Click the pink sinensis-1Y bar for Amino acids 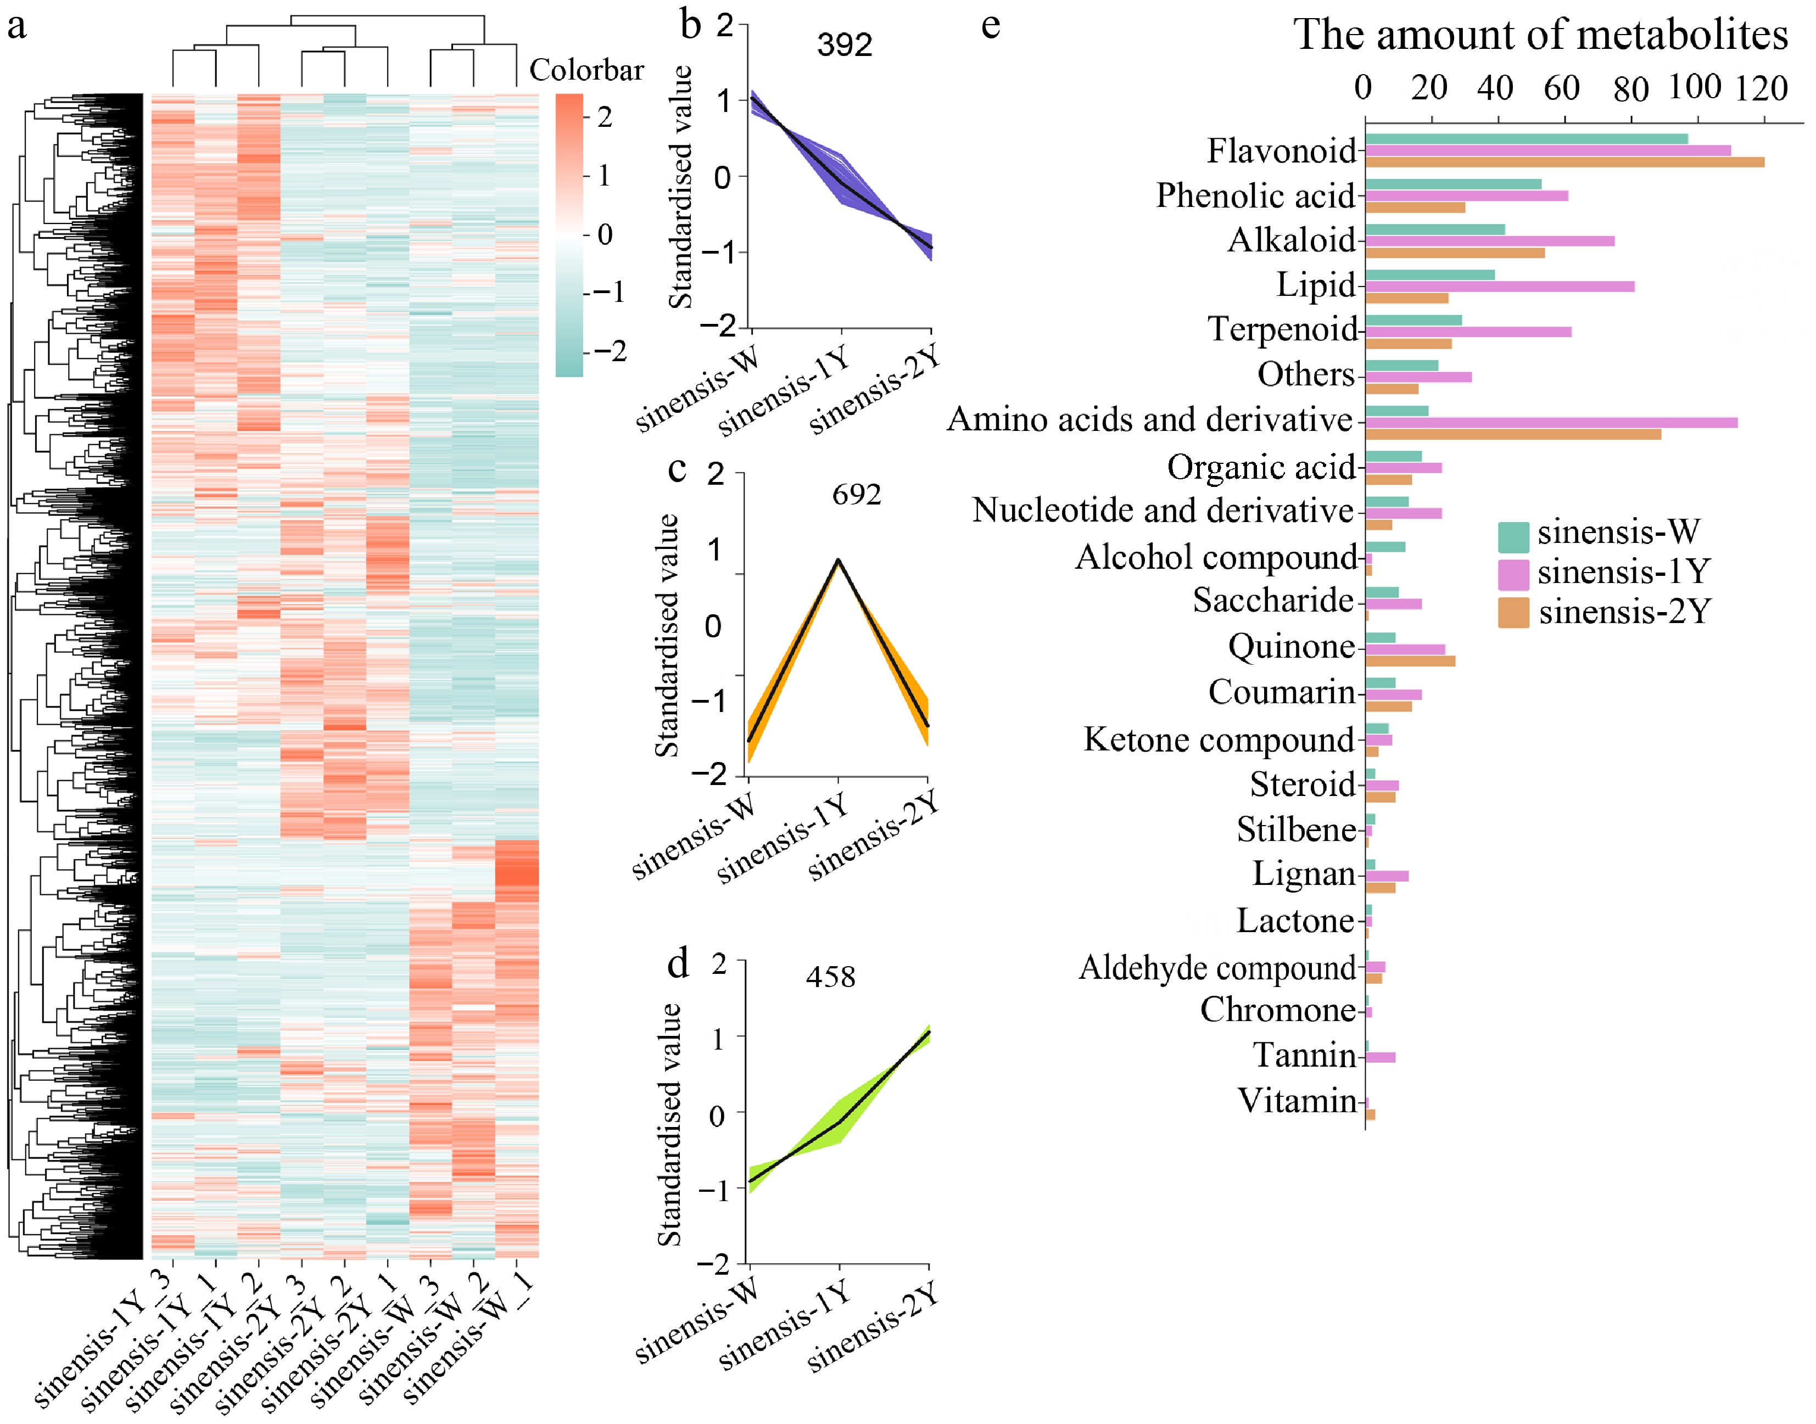click(x=1551, y=423)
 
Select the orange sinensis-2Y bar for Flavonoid click(x=1565, y=162)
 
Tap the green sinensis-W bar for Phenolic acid click(x=1454, y=184)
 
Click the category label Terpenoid click(x=1282, y=329)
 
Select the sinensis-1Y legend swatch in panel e click(x=1513, y=574)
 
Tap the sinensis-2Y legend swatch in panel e click(x=1513, y=612)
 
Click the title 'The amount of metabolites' click(x=1540, y=35)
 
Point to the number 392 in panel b click(x=845, y=44)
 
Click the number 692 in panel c click(x=856, y=495)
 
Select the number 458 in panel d click(x=830, y=976)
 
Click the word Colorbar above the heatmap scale click(x=586, y=70)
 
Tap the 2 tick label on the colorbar click(x=605, y=117)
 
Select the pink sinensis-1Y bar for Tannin click(x=1381, y=1057)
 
